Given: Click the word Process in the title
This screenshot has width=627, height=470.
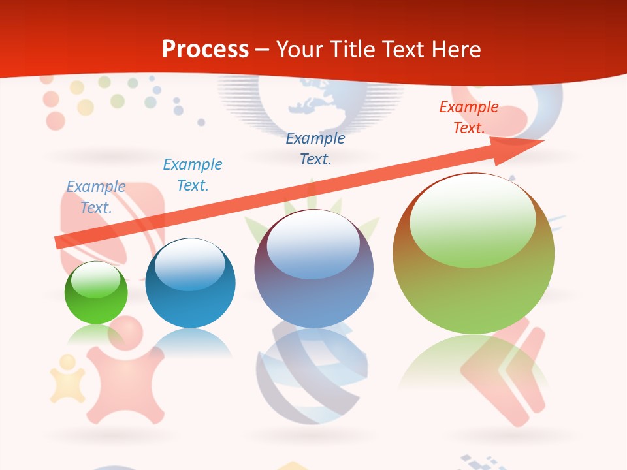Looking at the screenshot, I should click(205, 50).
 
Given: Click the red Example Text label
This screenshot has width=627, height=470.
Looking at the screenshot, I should click(469, 117).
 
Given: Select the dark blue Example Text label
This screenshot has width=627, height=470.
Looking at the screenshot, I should click(315, 148).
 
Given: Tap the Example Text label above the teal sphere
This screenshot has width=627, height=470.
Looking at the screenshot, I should click(193, 174).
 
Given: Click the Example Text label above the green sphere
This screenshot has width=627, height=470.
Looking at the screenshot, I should click(96, 196).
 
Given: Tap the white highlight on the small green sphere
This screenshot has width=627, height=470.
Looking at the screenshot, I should click(96, 280).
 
